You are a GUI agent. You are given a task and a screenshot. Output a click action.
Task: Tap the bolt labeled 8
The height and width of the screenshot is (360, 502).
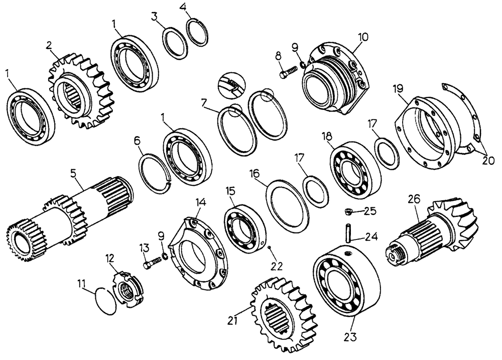pos(286,74)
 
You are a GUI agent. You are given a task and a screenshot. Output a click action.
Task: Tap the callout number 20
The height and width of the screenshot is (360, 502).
pos(488,161)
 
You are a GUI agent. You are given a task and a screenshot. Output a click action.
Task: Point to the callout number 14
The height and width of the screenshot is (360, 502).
pos(201,203)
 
